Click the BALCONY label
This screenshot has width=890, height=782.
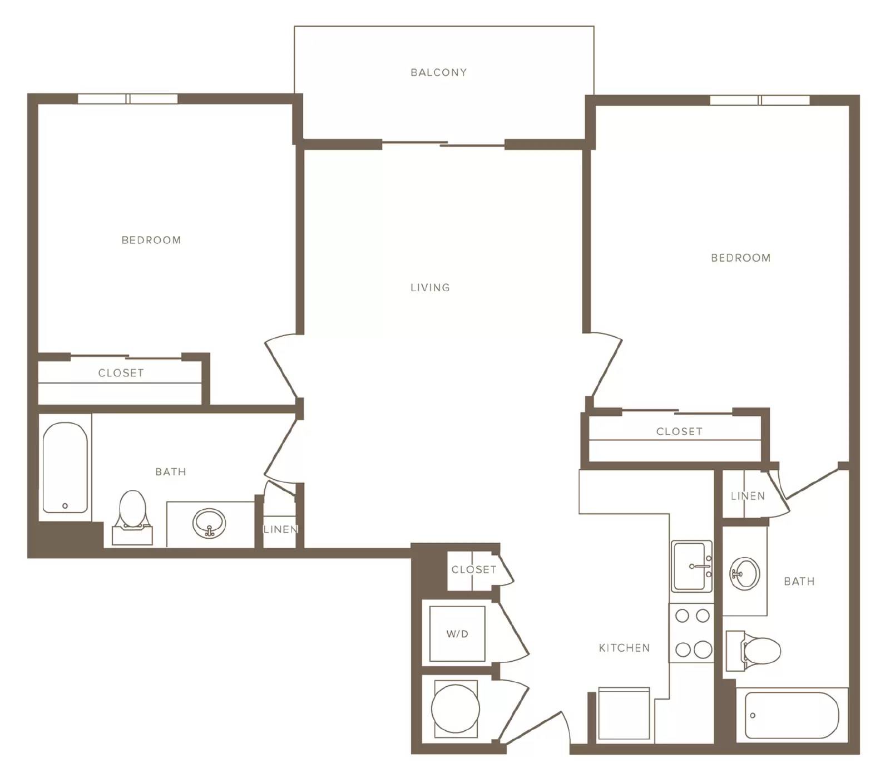point(438,72)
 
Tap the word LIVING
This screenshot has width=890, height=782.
point(430,288)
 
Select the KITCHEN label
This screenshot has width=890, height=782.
point(624,648)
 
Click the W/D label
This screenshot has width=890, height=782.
point(457,634)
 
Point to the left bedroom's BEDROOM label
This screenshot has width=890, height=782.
point(151,240)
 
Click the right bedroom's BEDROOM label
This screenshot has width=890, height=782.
point(741,258)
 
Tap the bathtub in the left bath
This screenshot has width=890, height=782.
point(65,468)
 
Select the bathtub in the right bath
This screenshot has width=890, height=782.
point(792,715)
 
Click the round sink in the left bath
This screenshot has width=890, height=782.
point(209,523)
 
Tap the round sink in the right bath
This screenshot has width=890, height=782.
point(744,573)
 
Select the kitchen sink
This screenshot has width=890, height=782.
point(691,566)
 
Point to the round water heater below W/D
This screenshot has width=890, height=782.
point(456,709)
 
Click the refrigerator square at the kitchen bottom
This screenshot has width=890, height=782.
point(624,714)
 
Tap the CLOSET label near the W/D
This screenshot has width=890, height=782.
point(474,569)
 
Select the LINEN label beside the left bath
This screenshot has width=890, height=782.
point(281,529)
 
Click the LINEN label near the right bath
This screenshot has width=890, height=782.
point(748,496)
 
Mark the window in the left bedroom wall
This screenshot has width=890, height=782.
point(127,99)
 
